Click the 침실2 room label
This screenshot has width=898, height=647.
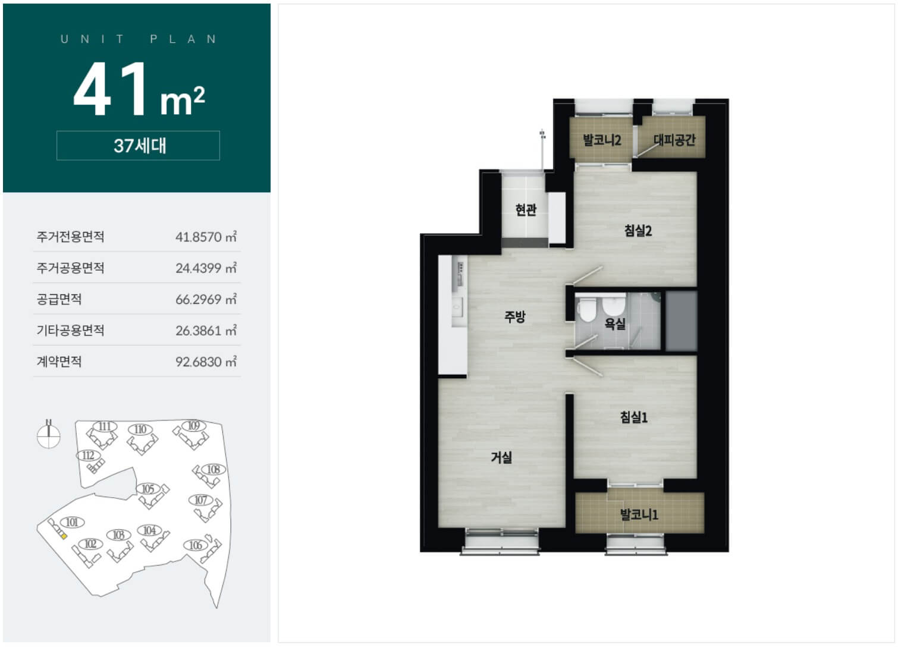[x=638, y=231]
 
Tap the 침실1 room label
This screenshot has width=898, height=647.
[x=634, y=417]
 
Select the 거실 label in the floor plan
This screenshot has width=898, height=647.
[x=501, y=457]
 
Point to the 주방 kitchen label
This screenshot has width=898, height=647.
[x=515, y=317]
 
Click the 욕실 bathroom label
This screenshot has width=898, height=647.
[x=615, y=323]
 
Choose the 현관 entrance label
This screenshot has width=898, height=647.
[x=526, y=209]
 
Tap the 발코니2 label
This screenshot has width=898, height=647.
[x=602, y=140]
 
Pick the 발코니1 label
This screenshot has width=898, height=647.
[x=639, y=514]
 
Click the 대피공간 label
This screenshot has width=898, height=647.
[x=674, y=140]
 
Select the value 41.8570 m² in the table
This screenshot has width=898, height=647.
[x=206, y=237]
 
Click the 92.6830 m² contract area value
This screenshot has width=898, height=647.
[x=206, y=362]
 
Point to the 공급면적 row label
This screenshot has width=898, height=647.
[x=59, y=300]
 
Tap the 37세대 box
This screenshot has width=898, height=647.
[x=139, y=146]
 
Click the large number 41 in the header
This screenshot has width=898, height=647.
[x=111, y=89]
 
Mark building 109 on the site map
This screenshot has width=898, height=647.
[x=194, y=426]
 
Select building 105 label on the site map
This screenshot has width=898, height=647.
[x=148, y=489]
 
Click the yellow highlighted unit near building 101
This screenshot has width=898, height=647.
[x=64, y=536]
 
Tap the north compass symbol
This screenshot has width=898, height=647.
[x=49, y=434]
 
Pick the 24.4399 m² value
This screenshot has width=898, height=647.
[x=206, y=268]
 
